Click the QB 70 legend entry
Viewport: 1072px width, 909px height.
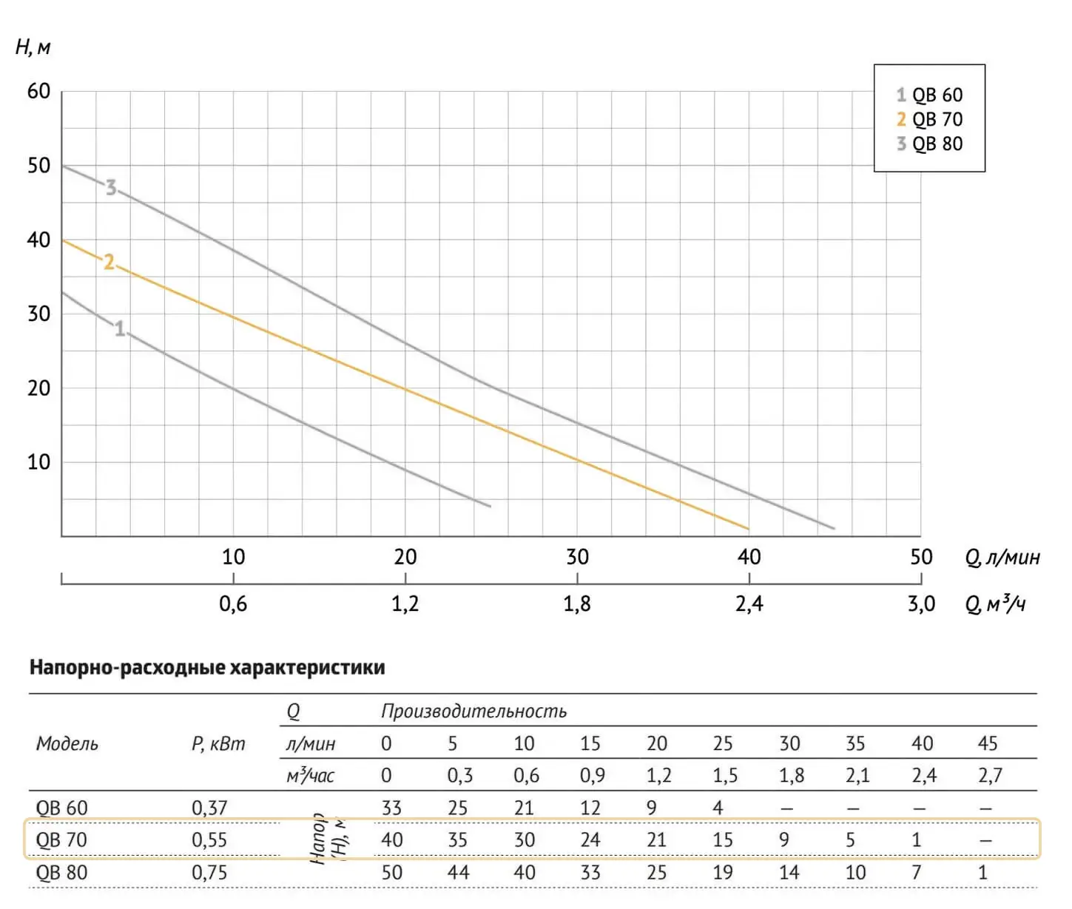click(x=930, y=119)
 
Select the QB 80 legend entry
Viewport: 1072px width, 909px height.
click(x=930, y=143)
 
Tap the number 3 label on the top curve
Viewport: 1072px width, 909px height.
click(x=111, y=187)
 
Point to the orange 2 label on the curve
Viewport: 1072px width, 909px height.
click(x=109, y=262)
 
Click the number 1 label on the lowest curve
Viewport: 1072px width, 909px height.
click(x=120, y=328)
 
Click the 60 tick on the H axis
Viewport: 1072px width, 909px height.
click(x=38, y=92)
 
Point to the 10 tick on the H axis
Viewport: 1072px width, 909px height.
click(x=38, y=462)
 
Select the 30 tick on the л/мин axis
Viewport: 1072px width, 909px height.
click(x=577, y=557)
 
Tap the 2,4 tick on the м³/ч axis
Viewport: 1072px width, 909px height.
click(x=749, y=604)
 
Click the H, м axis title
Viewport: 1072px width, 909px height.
click(x=33, y=48)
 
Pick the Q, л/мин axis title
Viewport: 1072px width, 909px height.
click(x=1002, y=557)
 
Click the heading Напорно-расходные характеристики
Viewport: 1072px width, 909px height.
click(x=207, y=667)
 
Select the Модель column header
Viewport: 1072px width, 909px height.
click(x=67, y=743)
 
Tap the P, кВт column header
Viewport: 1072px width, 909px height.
click(x=218, y=743)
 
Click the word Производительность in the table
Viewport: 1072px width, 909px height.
click(x=473, y=711)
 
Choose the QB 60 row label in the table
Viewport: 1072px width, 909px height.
click(x=61, y=808)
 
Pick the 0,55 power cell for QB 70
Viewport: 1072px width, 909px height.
click(x=209, y=840)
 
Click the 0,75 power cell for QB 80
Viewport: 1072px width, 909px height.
click(x=209, y=873)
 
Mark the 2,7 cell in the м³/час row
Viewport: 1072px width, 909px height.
click(x=990, y=775)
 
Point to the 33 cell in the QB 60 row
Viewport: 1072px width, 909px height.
click(x=391, y=808)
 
